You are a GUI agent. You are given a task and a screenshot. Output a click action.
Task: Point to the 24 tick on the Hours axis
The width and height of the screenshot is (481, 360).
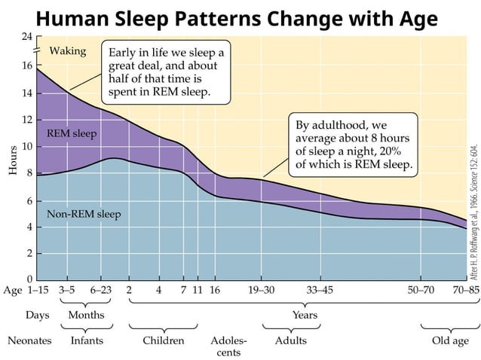click(27, 36)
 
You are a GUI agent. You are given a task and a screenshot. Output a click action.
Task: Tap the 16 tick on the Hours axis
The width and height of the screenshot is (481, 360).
click(27, 66)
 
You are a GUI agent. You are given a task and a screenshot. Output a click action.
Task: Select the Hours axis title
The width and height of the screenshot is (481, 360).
click(13, 160)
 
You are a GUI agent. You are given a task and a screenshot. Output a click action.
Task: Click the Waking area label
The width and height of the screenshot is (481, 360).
click(68, 51)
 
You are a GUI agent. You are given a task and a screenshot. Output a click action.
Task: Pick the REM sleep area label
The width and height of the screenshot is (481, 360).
click(72, 133)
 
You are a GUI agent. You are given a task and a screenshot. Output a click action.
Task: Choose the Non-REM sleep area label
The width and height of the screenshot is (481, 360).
click(84, 214)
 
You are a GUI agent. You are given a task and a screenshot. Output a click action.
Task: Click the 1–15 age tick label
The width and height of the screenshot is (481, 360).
click(42, 289)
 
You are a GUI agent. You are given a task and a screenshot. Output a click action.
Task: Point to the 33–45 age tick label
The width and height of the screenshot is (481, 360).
click(320, 289)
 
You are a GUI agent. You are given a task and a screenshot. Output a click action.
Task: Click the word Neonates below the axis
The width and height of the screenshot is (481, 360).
click(29, 340)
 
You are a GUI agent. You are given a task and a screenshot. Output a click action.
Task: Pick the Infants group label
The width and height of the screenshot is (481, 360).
click(87, 340)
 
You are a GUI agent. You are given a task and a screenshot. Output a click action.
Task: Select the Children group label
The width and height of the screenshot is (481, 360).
click(164, 340)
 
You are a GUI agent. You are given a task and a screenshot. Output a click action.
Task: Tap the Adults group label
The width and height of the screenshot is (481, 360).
click(290, 340)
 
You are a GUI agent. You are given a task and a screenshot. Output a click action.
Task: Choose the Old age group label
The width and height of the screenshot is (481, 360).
click(450, 340)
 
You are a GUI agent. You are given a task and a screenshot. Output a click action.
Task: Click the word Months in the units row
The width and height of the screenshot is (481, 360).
click(87, 315)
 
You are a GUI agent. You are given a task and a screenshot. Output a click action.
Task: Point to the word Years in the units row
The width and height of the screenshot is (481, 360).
click(305, 315)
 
